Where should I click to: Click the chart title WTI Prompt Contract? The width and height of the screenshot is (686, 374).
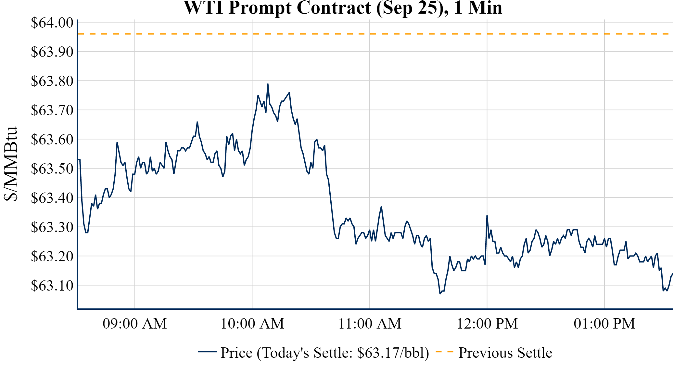[343, 8]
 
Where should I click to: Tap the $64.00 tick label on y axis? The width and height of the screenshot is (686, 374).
[52, 23]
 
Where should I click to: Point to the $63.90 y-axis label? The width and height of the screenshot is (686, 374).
[52, 52]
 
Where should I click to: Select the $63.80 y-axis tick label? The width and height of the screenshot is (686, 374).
[52, 81]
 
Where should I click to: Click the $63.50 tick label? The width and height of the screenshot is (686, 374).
[52, 168]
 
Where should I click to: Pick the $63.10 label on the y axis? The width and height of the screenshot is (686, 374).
[52, 285]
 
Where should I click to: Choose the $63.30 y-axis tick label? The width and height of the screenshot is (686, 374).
[52, 227]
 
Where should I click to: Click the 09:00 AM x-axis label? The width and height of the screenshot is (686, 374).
[135, 324]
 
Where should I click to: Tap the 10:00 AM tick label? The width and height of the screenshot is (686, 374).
[252, 324]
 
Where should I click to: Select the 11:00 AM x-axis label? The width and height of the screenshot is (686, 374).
[370, 324]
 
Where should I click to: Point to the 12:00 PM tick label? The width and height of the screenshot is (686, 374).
[487, 324]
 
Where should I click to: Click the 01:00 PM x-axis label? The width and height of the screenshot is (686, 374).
[604, 324]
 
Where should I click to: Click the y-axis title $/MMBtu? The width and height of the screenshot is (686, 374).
[10, 164]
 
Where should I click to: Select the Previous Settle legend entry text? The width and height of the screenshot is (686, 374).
[505, 353]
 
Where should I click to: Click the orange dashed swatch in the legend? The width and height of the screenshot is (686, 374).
[444, 352]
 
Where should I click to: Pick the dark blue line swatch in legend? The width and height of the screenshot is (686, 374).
[207, 352]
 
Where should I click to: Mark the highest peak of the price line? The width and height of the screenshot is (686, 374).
[268, 84]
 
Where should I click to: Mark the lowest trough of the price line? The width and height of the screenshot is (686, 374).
[440, 293]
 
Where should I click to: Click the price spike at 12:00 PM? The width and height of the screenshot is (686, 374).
[487, 216]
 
